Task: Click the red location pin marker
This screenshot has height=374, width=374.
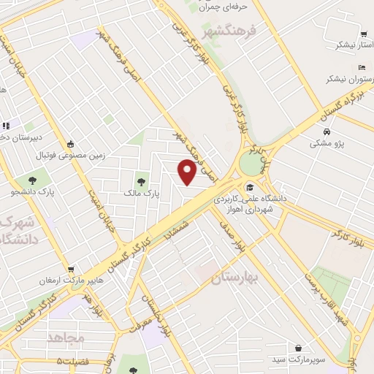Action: (x=188, y=172)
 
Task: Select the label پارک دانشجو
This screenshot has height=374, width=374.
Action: (x=32, y=192)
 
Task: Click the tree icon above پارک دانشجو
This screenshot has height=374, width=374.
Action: (x=32, y=179)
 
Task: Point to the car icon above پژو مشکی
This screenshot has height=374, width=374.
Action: (x=328, y=131)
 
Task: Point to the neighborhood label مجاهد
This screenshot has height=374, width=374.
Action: (x=66, y=337)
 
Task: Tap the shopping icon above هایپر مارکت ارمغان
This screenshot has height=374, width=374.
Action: (x=70, y=270)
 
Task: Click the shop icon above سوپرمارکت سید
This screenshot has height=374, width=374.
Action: (x=299, y=347)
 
